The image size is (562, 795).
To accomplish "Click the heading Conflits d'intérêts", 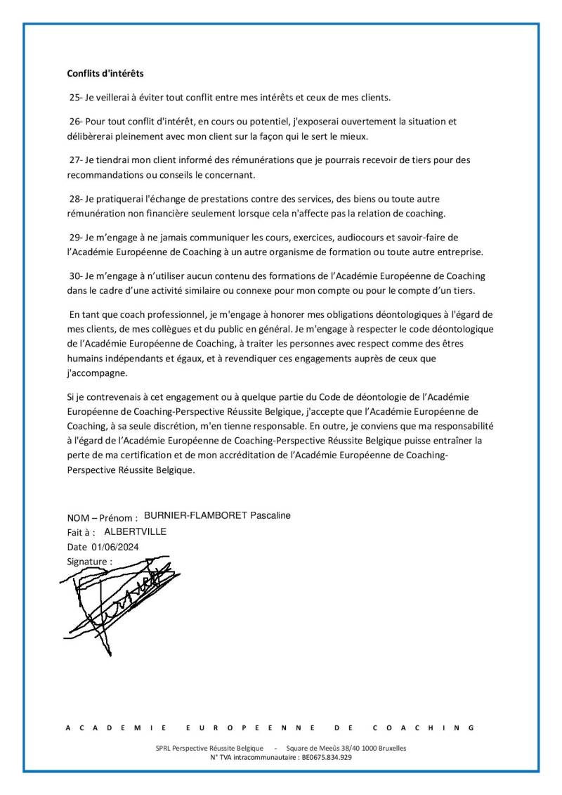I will [x=105, y=72].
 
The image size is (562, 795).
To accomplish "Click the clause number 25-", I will [x=76, y=96].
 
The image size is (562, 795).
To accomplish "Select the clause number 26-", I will [x=76, y=121].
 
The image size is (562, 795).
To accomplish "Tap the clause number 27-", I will [x=76, y=160].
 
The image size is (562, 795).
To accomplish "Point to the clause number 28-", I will [x=76, y=199].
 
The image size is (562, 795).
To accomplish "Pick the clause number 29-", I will [x=76, y=238].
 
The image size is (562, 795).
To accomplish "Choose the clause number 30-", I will [x=76, y=276].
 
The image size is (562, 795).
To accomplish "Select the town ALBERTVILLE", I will [x=135, y=531].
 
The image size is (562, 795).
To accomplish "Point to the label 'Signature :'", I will [x=89, y=561].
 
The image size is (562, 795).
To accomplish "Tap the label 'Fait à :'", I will [x=81, y=533].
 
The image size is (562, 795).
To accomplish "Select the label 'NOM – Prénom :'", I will [x=102, y=518].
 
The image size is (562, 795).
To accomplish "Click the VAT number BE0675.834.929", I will [x=325, y=757].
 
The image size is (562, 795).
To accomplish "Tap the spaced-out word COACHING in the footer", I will [x=424, y=728].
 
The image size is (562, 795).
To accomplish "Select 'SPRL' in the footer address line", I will [x=164, y=748].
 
